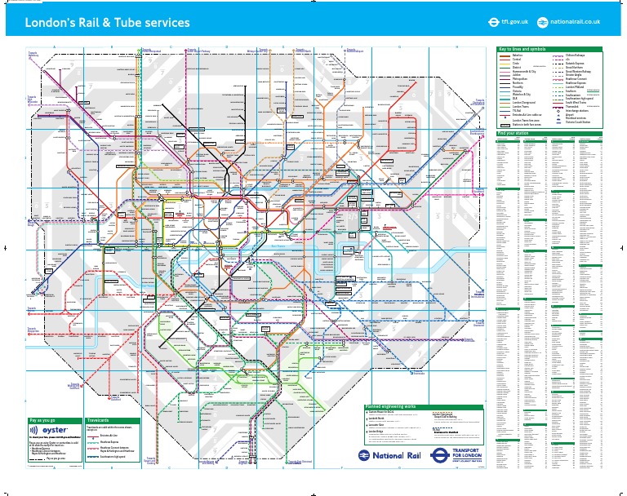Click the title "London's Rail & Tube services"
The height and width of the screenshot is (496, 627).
108,23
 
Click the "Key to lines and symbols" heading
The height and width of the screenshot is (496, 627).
522,49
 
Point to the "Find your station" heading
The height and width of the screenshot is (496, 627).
514,133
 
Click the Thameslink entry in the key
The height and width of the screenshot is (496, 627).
572,107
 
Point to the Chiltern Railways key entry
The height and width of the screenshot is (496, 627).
575,55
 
